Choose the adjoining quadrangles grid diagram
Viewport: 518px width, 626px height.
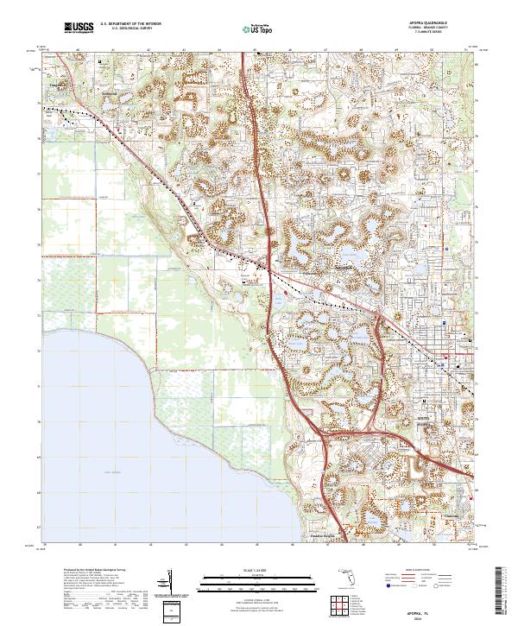339,603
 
